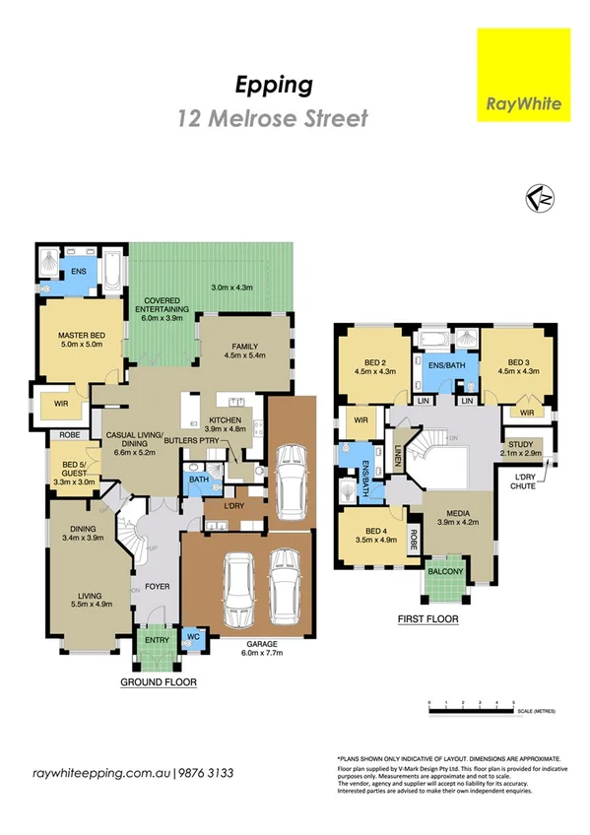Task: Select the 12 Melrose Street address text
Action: pyautogui.click(x=273, y=119)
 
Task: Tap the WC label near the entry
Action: pyautogui.click(x=193, y=637)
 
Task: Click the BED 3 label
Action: pyautogui.click(x=512, y=366)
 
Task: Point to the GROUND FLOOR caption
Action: pyautogui.click(x=159, y=681)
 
